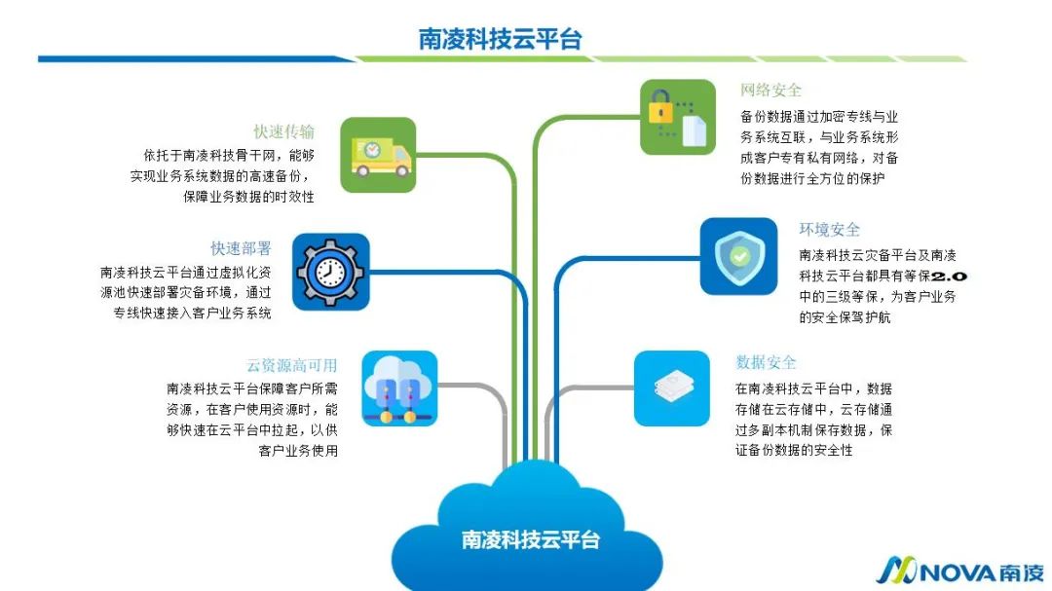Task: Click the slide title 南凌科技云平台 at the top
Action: tap(500, 39)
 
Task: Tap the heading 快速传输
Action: tap(283, 131)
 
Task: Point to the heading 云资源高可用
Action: tap(291, 365)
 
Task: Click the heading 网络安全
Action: tap(770, 91)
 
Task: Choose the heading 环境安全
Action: tap(829, 230)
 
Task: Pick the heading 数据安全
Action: tap(766, 362)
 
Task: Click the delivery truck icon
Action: tap(378, 156)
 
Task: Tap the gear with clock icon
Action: tap(330, 272)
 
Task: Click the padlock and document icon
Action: tap(678, 117)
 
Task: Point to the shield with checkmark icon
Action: tap(738, 256)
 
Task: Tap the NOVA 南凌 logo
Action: tap(959, 571)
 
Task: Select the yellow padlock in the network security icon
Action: tap(662, 106)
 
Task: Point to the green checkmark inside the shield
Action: tap(739, 256)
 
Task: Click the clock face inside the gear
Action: tap(330, 270)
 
